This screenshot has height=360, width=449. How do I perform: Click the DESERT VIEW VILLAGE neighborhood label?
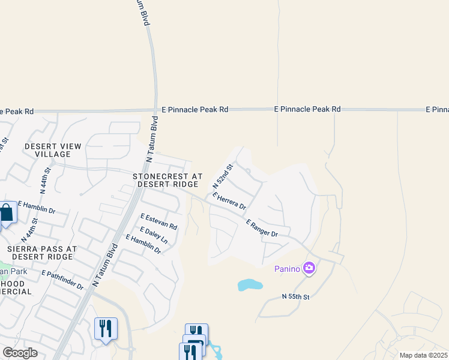pos(53,150)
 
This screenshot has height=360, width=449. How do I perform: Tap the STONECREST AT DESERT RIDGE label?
pos(167,180)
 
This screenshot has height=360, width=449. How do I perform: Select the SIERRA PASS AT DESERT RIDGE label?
pos(39,252)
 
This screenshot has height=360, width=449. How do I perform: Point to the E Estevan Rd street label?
pos(159,222)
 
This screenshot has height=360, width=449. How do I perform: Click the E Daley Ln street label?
pos(153,235)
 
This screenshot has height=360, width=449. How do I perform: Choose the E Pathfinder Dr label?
pos(62,280)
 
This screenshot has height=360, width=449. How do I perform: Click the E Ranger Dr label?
pos(262,228)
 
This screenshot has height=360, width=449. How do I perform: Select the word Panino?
pos(287,268)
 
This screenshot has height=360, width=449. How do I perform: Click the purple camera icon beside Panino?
pos(309,268)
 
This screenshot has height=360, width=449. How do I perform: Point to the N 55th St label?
pos(295,297)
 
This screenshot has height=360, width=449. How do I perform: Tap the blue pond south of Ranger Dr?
pos(250,284)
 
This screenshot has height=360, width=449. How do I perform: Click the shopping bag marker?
pos(7,213)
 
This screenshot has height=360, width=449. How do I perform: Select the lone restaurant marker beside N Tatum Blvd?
pos(106,328)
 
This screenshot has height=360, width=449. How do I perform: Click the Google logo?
pos(20,352)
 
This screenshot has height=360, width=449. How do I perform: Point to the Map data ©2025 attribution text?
pos(423,355)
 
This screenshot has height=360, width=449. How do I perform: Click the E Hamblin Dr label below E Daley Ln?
pos(143,244)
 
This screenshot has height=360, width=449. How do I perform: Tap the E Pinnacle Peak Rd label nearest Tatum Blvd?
pos(195,110)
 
